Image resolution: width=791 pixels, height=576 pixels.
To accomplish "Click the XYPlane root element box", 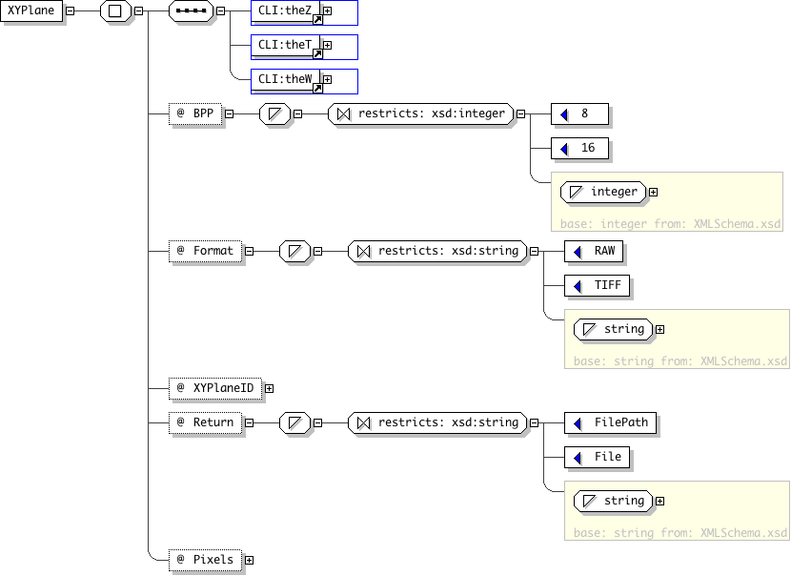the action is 31,10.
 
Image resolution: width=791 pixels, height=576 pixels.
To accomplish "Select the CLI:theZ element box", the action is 286,11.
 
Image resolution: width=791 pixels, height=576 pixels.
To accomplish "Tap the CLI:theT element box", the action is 286,46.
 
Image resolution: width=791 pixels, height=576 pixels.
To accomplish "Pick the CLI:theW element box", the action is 286,80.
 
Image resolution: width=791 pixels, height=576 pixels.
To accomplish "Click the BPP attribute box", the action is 195,113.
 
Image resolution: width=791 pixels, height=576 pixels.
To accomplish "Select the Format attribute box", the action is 205,251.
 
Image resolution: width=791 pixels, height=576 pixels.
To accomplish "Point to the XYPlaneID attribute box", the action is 215,388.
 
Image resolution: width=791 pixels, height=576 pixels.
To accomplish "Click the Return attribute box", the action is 205,422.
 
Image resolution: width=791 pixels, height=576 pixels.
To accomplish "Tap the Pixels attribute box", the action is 205,560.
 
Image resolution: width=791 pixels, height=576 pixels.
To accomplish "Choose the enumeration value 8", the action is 579,113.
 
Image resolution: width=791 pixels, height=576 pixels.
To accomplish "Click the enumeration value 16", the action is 579,148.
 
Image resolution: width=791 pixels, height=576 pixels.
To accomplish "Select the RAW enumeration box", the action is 594,251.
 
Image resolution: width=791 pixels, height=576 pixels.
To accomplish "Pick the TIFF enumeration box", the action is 598,285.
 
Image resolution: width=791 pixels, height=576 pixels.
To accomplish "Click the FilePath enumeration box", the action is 610,422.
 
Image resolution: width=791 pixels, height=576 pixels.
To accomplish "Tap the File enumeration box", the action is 598,457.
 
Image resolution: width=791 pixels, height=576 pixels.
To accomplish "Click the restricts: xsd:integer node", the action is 420,113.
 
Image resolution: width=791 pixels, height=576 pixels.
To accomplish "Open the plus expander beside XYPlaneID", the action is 270,389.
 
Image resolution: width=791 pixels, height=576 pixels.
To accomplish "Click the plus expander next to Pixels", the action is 249,561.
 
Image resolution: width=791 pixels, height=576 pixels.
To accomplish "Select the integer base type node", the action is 603,193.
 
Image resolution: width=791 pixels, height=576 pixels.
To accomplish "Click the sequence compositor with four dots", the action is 192,10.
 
